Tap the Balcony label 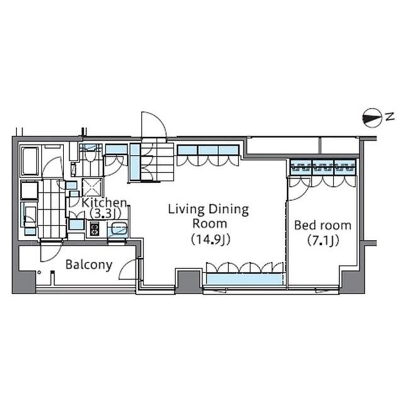click(89, 264)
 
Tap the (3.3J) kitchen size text click(101, 213)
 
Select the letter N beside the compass click(390, 116)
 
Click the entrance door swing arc click(153, 123)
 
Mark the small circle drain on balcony click(38, 272)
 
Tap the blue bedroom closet click(323, 167)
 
